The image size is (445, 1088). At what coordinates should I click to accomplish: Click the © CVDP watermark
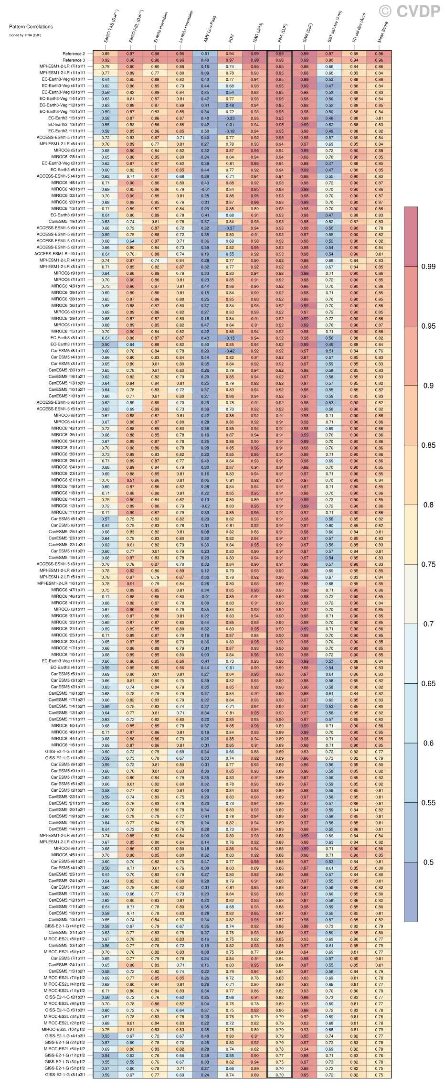click(410, 11)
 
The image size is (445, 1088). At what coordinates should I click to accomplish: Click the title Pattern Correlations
click(31, 27)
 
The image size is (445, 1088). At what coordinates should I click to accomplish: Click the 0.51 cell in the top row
click(205, 54)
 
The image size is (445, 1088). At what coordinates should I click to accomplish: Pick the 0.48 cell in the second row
click(205, 60)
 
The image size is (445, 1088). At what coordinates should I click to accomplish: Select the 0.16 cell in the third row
click(205, 67)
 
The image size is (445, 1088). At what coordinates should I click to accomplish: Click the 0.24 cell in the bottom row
click(205, 1075)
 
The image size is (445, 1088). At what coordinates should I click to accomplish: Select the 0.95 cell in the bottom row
click(305, 1075)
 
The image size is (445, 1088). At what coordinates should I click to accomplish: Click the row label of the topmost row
click(74, 54)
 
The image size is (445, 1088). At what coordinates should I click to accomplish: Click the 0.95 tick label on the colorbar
click(428, 326)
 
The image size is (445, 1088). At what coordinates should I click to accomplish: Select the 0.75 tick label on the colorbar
click(428, 564)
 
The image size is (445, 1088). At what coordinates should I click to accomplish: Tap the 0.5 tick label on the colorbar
click(428, 862)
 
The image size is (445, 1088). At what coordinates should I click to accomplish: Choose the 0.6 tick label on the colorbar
click(428, 743)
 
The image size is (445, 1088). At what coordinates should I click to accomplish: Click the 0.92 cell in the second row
click(106, 60)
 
